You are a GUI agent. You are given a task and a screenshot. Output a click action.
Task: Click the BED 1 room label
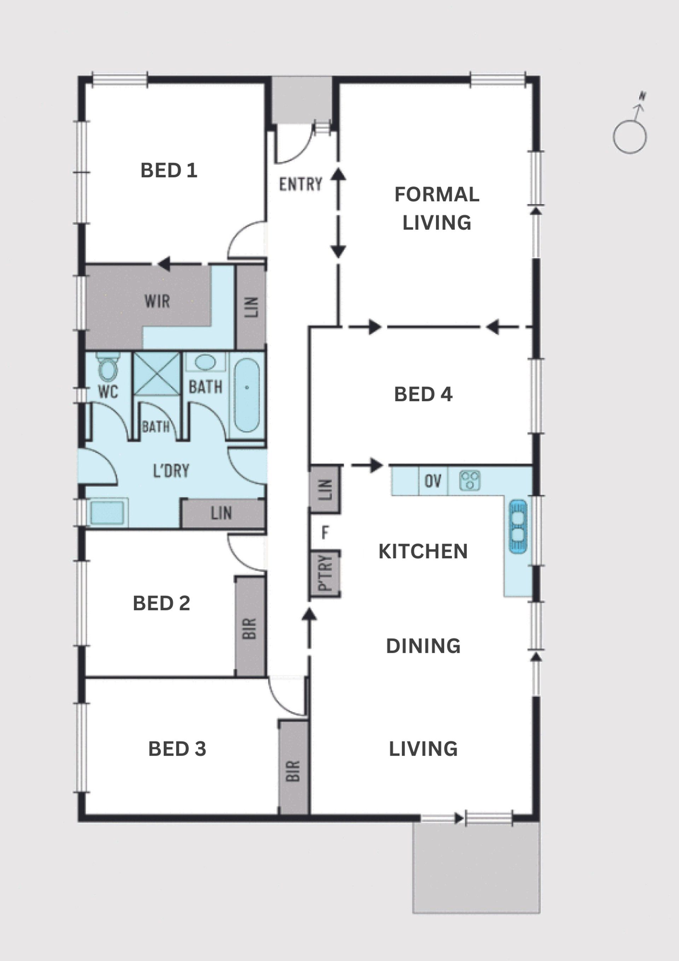[x=169, y=170]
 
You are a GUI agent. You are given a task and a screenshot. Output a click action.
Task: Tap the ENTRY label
[x=301, y=184]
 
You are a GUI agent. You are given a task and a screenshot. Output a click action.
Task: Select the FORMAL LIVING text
[x=437, y=208]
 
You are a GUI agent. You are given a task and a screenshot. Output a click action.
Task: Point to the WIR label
[x=157, y=301]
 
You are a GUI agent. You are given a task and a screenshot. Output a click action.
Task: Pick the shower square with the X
[x=156, y=374]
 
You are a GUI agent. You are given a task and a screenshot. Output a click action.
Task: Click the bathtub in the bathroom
[x=247, y=395]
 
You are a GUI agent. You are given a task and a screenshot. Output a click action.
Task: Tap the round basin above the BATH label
[x=205, y=362]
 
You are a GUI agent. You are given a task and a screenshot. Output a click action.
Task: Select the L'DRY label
[x=171, y=471]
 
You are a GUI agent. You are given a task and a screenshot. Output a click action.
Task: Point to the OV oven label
[x=433, y=481]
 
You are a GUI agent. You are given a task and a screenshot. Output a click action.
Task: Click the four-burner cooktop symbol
[x=470, y=480]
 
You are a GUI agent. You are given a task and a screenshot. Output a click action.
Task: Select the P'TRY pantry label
[x=325, y=573]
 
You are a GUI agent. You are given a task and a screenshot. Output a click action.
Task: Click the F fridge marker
[x=325, y=533]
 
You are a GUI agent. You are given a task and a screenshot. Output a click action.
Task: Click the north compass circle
[x=629, y=137]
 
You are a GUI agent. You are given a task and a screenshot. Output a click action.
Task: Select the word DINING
[x=423, y=646]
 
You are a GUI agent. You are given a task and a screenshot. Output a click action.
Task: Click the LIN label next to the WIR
[x=251, y=307]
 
